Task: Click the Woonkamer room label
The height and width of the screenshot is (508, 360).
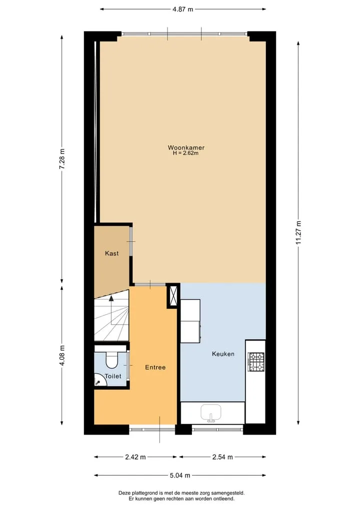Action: (186, 147)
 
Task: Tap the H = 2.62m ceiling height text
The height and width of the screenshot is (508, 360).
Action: (185, 153)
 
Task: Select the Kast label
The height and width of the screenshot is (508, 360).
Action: (112, 253)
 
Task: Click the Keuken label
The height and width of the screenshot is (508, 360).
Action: (223, 354)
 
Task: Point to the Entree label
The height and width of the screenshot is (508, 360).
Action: (155, 368)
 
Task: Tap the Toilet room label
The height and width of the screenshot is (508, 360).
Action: (113, 376)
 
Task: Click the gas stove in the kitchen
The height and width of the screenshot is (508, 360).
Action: (256, 362)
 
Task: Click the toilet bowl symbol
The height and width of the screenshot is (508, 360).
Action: (112, 360)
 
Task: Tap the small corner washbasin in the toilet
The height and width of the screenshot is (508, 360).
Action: (100, 380)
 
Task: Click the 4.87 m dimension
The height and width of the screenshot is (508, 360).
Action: (182, 9)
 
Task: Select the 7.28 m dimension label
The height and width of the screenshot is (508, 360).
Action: (62, 159)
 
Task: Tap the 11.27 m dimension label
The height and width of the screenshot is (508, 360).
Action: (298, 232)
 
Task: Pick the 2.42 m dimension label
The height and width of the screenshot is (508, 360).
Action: (135, 457)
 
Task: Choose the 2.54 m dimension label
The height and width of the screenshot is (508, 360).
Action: (222, 457)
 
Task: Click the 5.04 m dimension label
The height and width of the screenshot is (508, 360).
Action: (180, 476)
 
